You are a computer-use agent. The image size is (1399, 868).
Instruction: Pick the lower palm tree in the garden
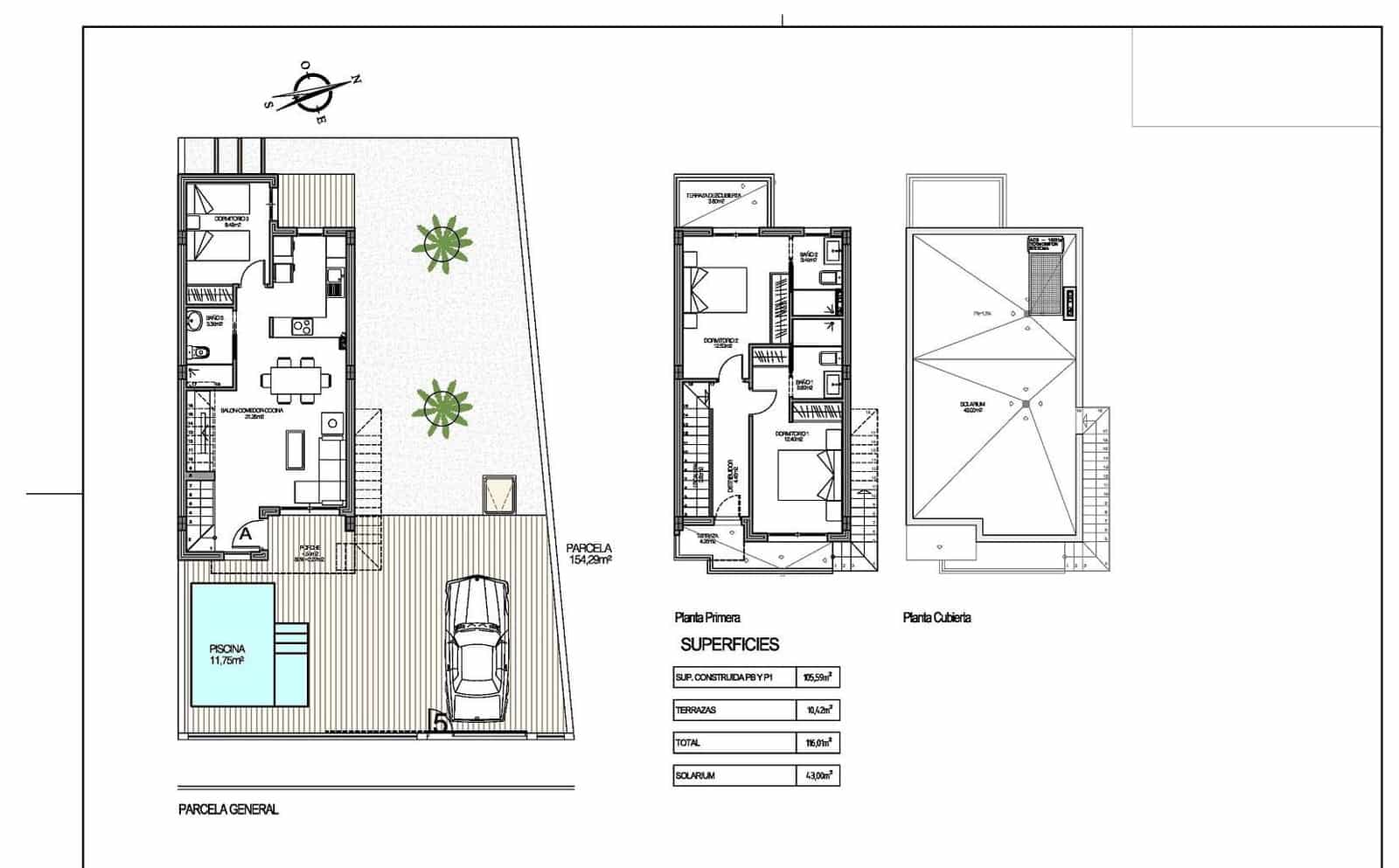[442, 407]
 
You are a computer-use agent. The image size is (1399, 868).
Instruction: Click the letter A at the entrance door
[246, 532]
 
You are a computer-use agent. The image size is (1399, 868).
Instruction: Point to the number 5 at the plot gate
[441, 722]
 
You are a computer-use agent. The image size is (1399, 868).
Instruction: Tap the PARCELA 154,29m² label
[589, 553]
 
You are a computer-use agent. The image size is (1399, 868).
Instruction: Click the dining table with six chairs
[296, 379]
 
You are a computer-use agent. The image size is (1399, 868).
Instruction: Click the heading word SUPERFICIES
[729, 645]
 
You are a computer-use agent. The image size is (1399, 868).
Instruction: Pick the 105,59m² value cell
[818, 677]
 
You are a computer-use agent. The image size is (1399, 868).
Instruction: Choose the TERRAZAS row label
[695, 711]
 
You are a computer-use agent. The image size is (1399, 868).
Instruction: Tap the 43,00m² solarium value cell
[818, 775]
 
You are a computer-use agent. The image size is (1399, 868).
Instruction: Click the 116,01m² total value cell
[818, 743]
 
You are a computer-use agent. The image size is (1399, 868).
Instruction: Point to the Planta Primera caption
[707, 618]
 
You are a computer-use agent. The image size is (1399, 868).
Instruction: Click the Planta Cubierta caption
[936, 618]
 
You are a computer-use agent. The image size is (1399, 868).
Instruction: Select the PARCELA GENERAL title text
[228, 809]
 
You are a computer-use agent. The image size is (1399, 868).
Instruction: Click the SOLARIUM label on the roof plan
[972, 405]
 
